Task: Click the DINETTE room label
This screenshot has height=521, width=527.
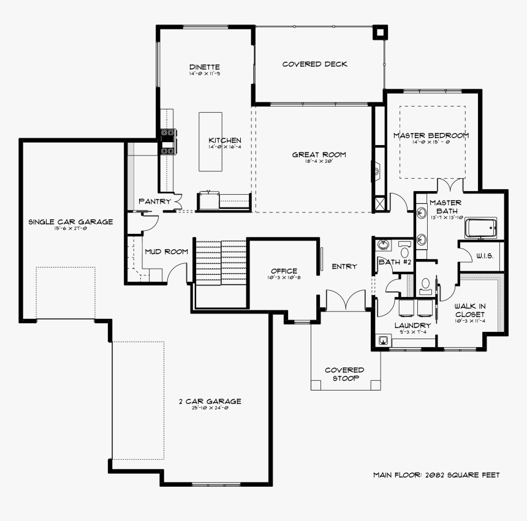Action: (205, 67)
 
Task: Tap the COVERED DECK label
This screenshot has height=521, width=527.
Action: (315, 64)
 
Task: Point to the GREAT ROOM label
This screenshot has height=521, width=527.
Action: (319, 155)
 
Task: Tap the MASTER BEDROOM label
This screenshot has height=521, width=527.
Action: (431, 135)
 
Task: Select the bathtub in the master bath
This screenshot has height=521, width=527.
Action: (482, 228)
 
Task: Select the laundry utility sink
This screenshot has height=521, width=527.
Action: (383, 340)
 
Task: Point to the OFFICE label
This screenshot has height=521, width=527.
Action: (284, 271)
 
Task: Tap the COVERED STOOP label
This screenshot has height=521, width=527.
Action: (344, 374)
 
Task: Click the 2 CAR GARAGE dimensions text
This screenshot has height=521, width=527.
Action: (210, 408)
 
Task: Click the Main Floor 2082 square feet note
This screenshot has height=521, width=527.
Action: (436, 474)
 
